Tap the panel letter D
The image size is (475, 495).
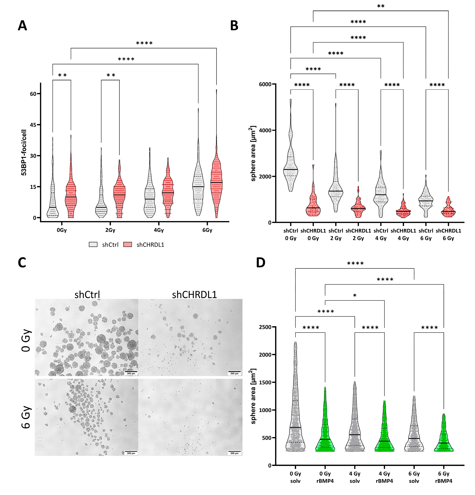pyautogui.click(x=260, y=263)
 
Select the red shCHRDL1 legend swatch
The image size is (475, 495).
pyautogui.click(x=128, y=245)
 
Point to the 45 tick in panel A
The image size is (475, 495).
pyautogui.click(x=33, y=125)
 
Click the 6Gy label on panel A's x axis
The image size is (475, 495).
pyautogui.click(x=207, y=230)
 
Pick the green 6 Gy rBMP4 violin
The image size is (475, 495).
pyautogui.click(x=444, y=439)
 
